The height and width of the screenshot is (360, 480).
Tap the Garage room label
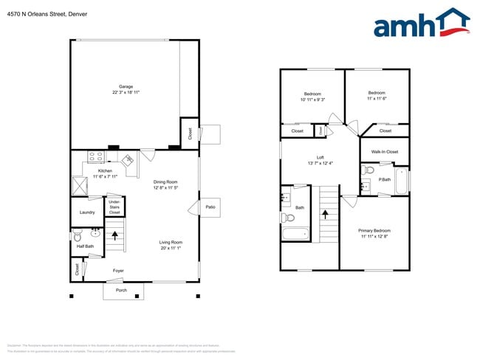pos(126,87)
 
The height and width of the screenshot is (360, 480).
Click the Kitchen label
pos(106,171)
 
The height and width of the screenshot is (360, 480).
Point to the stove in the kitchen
pos(96,156)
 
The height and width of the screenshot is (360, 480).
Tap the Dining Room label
pos(165,181)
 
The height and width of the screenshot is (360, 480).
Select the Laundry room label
pos(87,212)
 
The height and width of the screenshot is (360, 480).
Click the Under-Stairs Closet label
pos(114,207)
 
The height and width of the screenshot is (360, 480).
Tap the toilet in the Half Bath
pos(78,237)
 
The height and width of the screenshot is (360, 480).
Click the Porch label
pos(121,290)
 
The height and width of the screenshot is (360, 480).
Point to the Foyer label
pos(118,271)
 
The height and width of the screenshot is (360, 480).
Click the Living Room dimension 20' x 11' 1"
pos(171,249)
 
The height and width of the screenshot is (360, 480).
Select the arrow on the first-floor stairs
pos(114,236)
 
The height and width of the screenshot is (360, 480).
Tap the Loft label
pos(320,157)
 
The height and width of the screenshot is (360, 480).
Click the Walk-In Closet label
pos(384,152)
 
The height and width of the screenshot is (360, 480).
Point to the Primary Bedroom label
pos(375,230)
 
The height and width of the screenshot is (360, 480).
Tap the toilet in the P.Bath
pos(368,171)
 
